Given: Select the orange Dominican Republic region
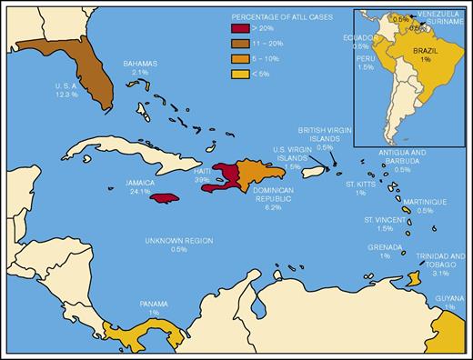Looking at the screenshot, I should (x=257, y=173).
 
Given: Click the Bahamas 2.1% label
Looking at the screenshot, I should (x=140, y=68).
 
